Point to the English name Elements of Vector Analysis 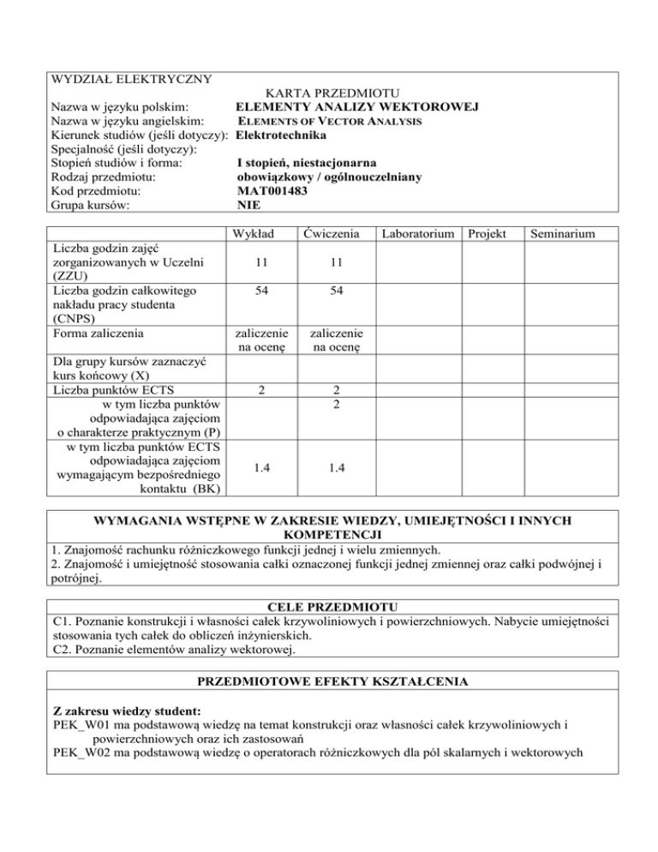(x=329, y=121)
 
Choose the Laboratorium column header (x=414, y=233)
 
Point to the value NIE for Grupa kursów (x=248, y=205)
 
